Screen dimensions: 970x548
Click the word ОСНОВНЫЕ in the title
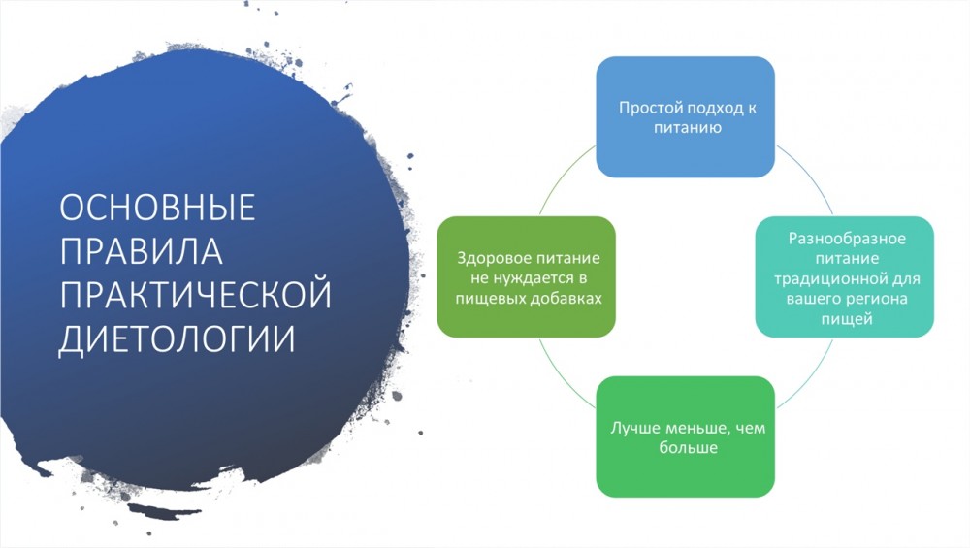pyautogui.click(x=157, y=208)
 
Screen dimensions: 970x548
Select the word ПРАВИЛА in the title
pyautogui.click(x=141, y=251)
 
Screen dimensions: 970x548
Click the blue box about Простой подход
pyautogui.click(x=686, y=117)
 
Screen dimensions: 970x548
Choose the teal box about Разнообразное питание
pyautogui.click(x=845, y=276)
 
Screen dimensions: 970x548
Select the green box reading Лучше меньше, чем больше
pyautogui.click(x=686, y=436)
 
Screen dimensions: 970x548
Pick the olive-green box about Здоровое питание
pyautogui.click(x=527, y=276)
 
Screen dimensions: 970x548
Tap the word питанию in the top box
pyautogui.click(x=688, y=128)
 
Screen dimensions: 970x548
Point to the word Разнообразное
pyautogui.click(x=846, y=239)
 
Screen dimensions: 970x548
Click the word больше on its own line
pyautogui.click(x=688, y=448)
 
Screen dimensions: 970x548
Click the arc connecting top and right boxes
pyautogui.click(x=809, y=175)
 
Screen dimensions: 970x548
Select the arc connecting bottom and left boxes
pyautogui.click(x=563, y=378)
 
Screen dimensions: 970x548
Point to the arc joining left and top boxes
pyautogui.click(x=563, y=176)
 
